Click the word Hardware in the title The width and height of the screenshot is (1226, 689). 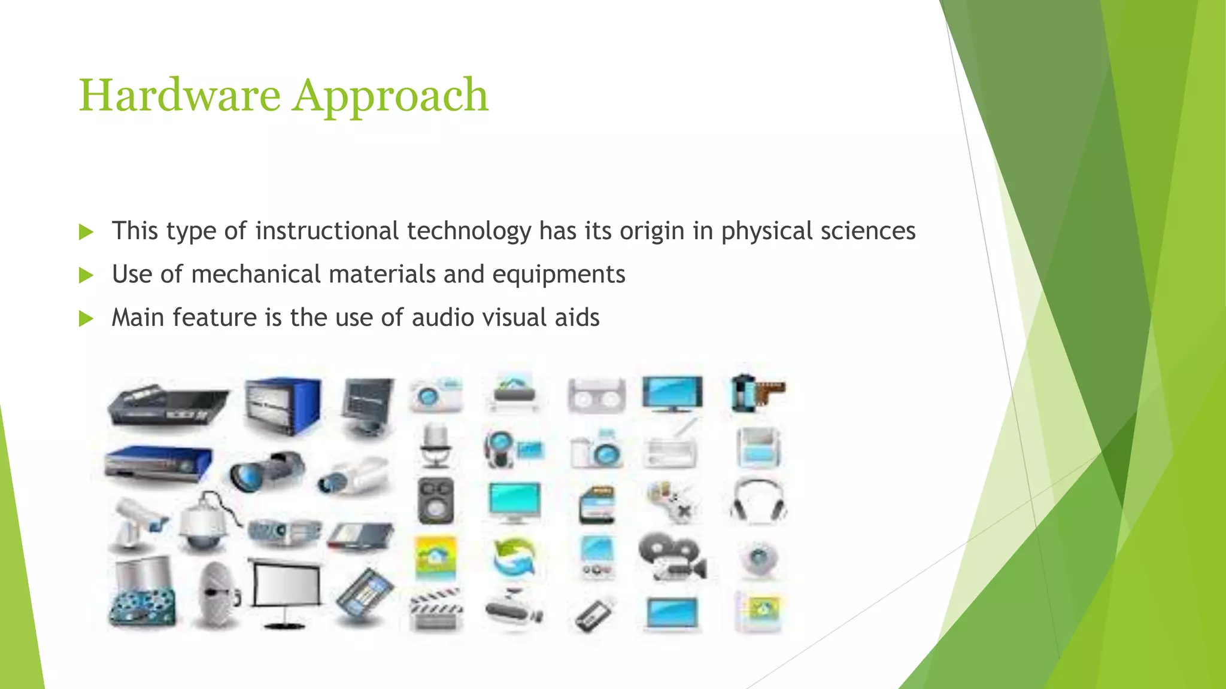click(180, 96)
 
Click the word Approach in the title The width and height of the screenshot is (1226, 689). click(390, 96)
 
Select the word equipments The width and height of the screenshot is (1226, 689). click(559, 275)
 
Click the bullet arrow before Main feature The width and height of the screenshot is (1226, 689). click(86, 318)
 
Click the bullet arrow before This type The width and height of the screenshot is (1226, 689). click(86, 232)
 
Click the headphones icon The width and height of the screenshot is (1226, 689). click(758, 500)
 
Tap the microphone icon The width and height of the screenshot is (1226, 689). click(435, 446)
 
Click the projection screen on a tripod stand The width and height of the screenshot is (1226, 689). click(285, 592)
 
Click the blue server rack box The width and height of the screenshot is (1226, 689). click(283, 406)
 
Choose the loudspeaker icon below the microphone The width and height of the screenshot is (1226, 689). click(435, 501)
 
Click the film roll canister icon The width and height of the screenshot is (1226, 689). click(755, 393)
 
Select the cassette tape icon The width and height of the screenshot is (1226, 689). click(596, 396)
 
